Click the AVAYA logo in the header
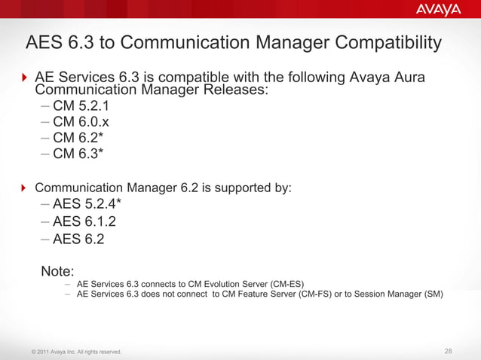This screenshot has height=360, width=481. (438, 9)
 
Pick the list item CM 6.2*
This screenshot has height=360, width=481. (78, 138)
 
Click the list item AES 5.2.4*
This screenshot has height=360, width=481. (87, 204)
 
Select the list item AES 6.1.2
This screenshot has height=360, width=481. (84, 222)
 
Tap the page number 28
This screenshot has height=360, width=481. (449, 351)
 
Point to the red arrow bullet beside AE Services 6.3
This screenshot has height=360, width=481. (24, 79)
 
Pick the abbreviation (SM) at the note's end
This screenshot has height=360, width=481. (434, 294)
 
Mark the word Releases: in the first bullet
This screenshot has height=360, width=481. (233, 90)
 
